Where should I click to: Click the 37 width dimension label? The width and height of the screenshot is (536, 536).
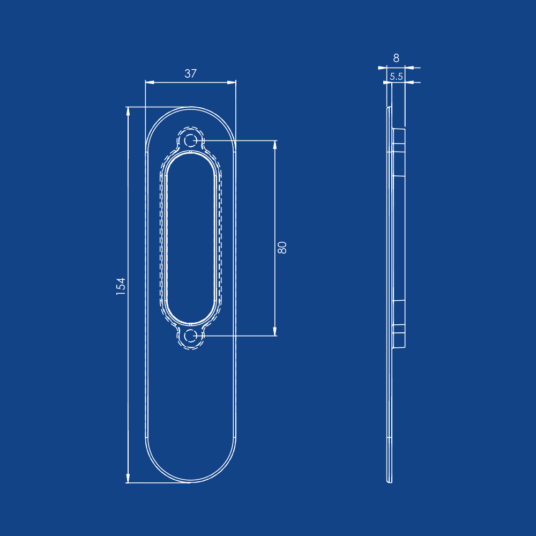[190, 73]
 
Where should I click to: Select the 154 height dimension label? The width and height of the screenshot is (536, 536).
[121, 286]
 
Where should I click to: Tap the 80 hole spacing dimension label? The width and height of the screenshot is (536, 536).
[282, 248]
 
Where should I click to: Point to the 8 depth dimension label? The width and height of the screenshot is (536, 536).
[396, 58]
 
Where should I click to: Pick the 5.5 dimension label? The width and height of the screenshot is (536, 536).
[396, 77]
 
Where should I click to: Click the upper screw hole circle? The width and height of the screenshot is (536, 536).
[190, 140]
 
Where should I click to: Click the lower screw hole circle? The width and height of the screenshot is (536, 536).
[190, 336]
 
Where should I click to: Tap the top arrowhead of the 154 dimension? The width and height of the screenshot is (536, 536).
[128, 111]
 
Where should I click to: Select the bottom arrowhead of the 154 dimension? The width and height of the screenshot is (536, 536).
[128, 478]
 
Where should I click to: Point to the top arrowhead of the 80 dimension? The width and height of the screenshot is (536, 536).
[275, 145]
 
